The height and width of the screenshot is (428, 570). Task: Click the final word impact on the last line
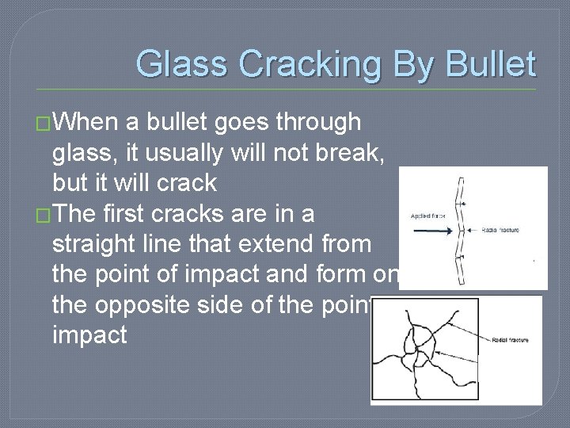click(x=89, y=335)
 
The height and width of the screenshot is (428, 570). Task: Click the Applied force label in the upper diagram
click(x=427, y=215)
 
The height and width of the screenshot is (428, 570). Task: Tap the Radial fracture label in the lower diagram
click(x=510, y=340)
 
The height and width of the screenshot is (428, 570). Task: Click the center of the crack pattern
click(x=421, y=346)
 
